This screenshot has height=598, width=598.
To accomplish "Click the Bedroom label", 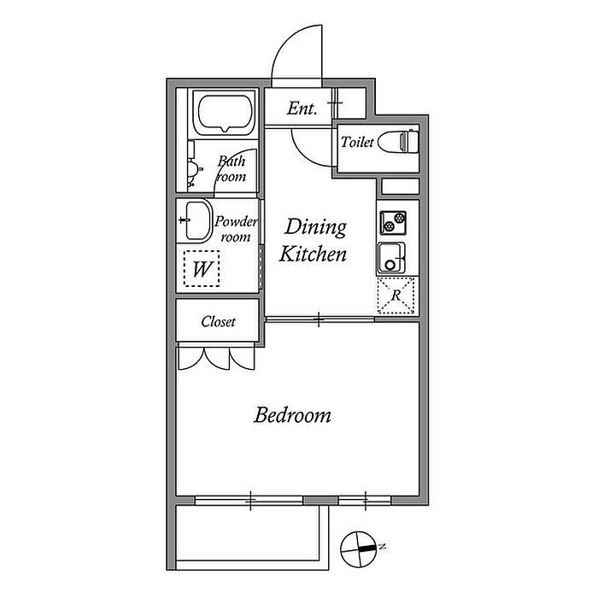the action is pos(292,415).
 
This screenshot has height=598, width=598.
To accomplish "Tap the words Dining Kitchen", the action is pos(314,240).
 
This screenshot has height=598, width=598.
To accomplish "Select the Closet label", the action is pos(218,321).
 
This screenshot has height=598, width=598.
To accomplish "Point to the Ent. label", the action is pos(302,108).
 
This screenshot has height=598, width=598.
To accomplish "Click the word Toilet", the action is pos(357,142).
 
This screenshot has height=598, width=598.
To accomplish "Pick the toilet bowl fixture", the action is pos(398,142).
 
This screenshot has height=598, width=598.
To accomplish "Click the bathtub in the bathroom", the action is pos(225,113).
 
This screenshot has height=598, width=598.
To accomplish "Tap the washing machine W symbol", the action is pos(202,268).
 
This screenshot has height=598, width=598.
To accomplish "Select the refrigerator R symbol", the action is pos(396,296).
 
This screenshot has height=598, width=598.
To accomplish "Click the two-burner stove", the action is pos(393,223).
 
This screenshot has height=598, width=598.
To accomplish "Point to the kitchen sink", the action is pos(391,258).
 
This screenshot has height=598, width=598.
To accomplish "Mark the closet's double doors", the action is pos(216,358).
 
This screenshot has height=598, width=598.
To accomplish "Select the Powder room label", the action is pos(236,229).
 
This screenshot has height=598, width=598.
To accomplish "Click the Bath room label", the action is pos(232,169).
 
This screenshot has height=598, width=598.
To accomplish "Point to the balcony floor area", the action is pos(248,533).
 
